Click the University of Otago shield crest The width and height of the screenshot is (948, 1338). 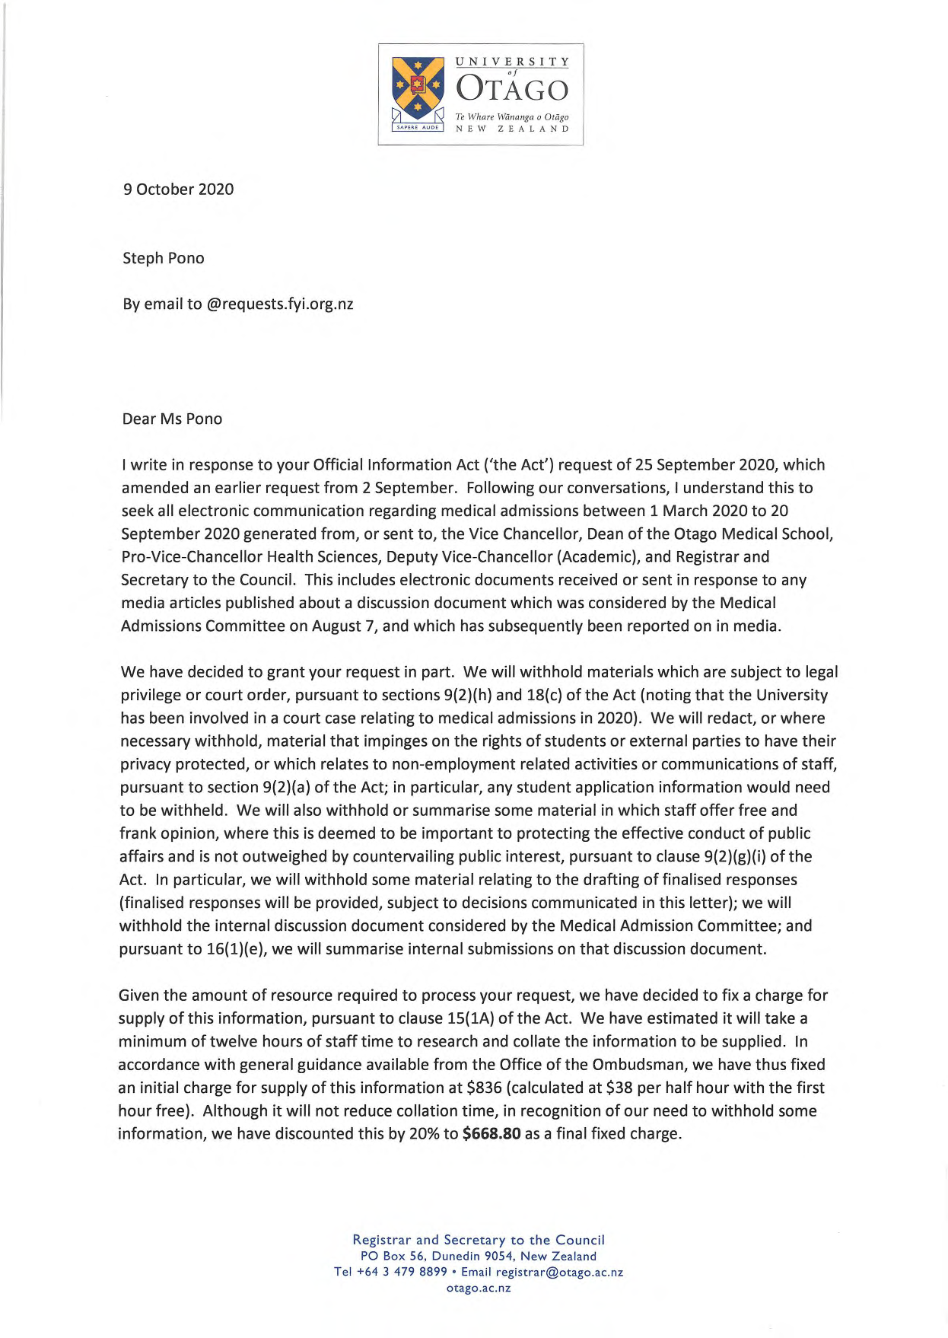point(418,88)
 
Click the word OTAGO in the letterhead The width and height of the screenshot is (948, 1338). point(512,90)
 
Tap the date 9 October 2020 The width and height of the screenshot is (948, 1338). point(179,190)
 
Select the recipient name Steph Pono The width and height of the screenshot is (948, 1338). point(164,258)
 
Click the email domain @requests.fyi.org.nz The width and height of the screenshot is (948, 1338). point(280,304)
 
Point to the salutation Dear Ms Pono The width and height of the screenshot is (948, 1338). point(172,419)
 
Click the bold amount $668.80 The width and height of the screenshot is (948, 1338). point(491,1134)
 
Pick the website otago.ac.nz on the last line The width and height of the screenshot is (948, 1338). point(479,1288)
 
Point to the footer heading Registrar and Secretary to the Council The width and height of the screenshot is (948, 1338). point(479,1240)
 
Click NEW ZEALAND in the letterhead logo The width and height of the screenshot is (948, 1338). point(512,129)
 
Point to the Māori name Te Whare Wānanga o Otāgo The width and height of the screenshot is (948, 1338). point(512,116)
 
